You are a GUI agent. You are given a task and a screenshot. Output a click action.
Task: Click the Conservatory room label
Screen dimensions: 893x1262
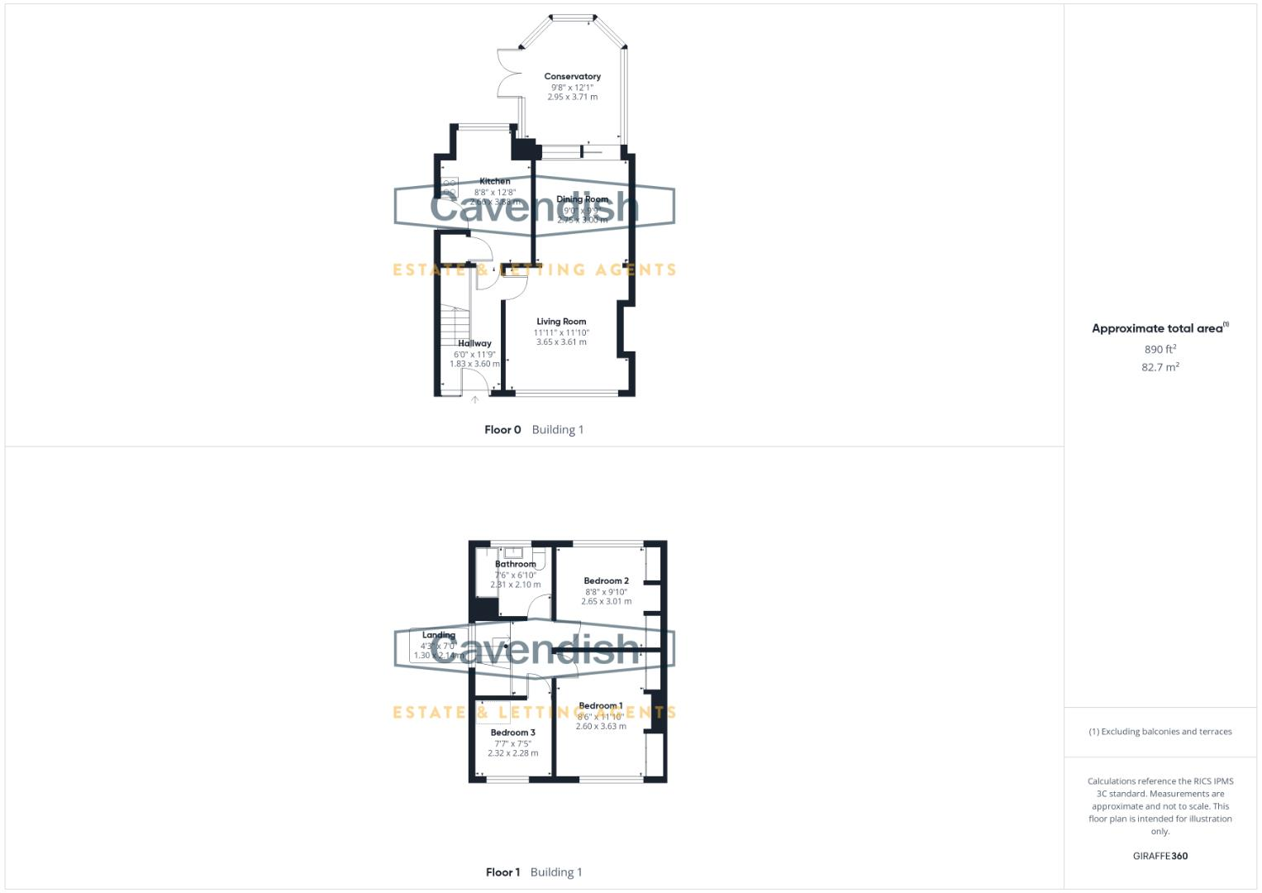[572, 76]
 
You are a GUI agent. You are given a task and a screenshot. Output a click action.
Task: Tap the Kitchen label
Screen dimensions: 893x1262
[494, 181]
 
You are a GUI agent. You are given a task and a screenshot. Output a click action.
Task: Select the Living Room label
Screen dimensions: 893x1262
[561, 322]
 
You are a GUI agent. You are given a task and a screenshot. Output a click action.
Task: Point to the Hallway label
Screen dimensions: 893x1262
[474, 343]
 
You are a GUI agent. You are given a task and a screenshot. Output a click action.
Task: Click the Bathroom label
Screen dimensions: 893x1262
[515, 564]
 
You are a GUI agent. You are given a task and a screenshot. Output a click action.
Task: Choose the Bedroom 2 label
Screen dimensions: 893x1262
[606, 580]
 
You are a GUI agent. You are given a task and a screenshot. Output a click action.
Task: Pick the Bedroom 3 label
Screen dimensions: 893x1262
[512, 733]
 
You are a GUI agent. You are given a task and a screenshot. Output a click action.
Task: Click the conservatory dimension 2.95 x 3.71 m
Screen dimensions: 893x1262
[572, 97]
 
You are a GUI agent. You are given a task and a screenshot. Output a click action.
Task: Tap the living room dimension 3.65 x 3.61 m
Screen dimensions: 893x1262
[561, 341]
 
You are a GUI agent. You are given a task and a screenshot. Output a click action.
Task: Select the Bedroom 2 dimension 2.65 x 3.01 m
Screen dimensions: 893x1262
[606, 601]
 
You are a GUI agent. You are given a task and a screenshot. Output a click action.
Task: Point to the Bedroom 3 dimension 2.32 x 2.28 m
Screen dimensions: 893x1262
[512, 753]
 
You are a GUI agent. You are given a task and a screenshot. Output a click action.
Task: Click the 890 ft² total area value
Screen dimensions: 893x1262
[1160, 349]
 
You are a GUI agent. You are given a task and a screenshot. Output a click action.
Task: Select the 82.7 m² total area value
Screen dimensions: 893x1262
[1160, 367]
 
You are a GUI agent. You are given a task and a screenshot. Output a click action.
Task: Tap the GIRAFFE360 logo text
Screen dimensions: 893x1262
[1160, 856]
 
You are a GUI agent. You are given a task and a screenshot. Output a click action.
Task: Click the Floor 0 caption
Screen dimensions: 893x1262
[502, 429]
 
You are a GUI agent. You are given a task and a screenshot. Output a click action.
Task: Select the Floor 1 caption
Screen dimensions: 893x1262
[502, 872]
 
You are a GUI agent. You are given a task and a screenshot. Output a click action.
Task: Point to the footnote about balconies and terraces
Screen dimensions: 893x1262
[1160, 732]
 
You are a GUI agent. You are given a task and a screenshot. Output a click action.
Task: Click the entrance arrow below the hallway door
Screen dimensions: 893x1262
[475, 400]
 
